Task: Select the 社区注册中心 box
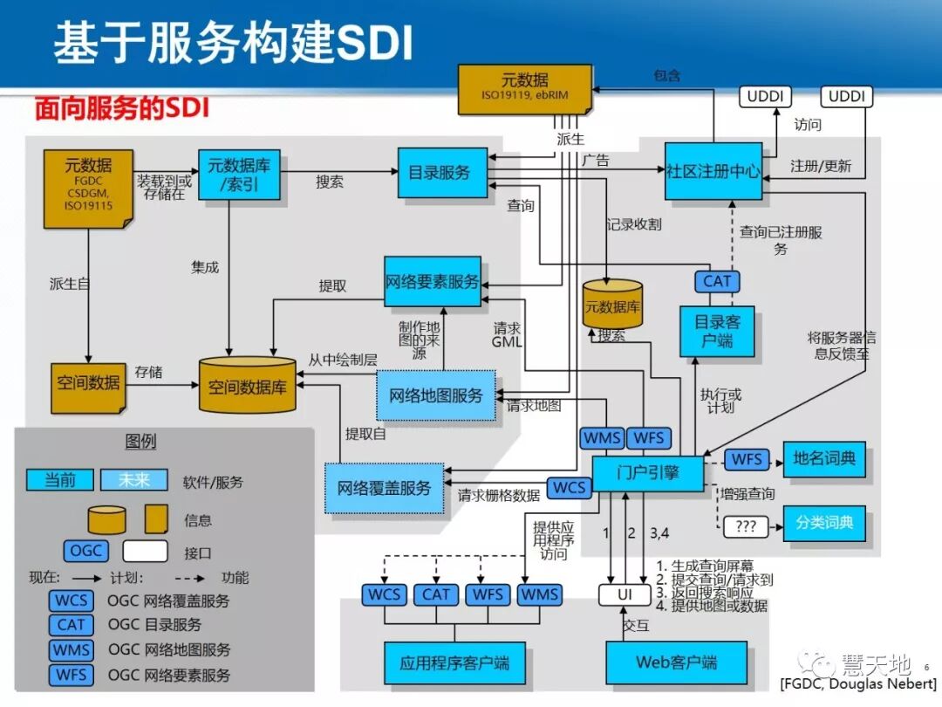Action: point(713,171)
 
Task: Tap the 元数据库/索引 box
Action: point(239,174)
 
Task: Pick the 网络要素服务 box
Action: point(432,281)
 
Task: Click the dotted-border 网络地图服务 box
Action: point(436,395)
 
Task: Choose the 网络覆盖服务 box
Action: point(384,488)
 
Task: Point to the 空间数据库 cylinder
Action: point(247,385)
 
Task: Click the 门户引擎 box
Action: point(647,473)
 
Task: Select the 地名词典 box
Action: point(823,459)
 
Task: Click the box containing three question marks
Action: point(746,527)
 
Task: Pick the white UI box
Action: point(625,595)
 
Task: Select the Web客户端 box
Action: point(676,662)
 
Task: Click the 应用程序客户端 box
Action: point(454,662)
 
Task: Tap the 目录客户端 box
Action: point(717,332)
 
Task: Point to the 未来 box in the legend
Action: point(134,480)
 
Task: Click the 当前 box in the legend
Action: point(59,480)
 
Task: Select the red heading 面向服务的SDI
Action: point(122,109)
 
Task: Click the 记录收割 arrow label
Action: point(634,224)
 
